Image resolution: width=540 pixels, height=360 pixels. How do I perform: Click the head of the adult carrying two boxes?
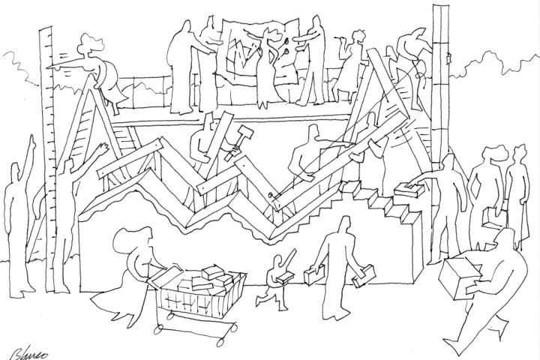(x=344, y=226)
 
